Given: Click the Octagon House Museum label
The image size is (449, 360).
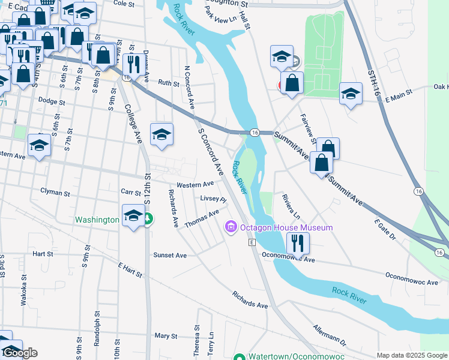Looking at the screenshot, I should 286,228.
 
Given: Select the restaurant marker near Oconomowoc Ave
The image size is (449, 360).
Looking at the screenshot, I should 298,243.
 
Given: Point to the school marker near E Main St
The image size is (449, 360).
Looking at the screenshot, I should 351,94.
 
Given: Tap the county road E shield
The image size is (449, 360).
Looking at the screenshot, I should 253,242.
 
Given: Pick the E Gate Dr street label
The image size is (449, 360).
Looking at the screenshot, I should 385,229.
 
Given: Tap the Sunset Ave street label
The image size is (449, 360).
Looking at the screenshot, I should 170,255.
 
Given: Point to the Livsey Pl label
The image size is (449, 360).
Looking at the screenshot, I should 212,199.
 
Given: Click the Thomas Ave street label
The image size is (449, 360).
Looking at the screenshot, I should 202,219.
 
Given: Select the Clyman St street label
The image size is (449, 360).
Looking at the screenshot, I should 55,193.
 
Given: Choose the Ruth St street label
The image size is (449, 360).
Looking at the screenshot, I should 169,84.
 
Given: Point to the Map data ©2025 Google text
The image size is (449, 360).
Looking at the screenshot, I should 412,355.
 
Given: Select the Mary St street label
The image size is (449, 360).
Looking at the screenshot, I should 166,336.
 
